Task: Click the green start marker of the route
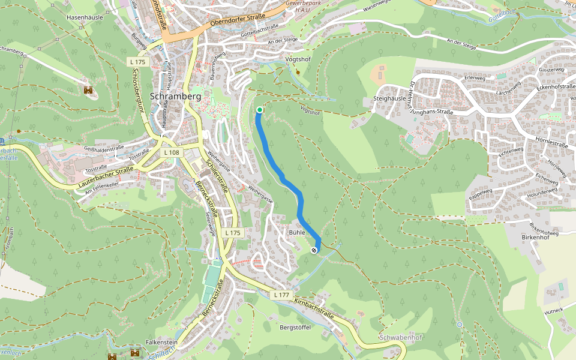point(259,110)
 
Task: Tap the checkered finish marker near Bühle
point(314,250)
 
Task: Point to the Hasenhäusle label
point(85,17)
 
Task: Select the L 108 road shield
point(171,152)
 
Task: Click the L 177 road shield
point(281,295)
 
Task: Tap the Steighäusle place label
point(390,98)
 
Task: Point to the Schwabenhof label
point(401,338)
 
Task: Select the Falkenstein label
point(161,342)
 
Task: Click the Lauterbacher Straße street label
point(106,179)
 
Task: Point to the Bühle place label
point(297,232)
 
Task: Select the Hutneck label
point(553,310)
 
